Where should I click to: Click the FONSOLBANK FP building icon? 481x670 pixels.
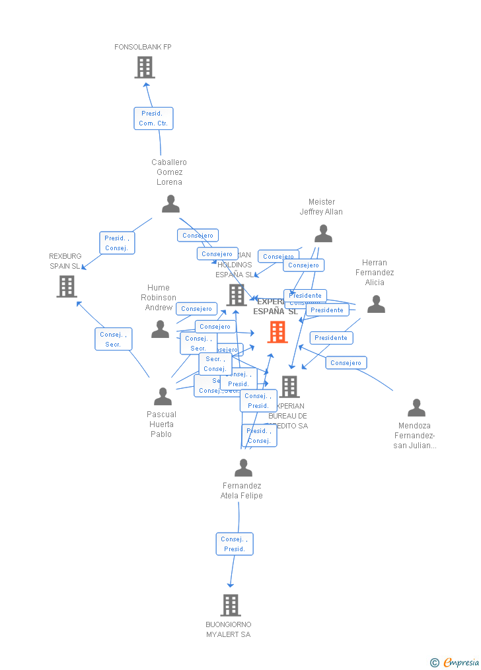point(144,67)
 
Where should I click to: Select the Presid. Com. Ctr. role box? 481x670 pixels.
point(153,119)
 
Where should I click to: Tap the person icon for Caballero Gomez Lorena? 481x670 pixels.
point(170,204)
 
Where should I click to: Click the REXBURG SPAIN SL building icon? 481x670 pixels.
point(67,286)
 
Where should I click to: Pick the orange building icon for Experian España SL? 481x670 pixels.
point(277,332)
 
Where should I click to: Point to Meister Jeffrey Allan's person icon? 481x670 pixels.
point(323,234)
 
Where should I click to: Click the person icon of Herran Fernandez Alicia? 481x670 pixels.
point(376,304)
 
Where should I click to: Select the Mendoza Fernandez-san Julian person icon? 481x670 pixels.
point(416,408)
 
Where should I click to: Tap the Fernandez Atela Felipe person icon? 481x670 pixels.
point(243,468)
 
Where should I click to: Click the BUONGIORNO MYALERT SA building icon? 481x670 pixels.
point(230,605)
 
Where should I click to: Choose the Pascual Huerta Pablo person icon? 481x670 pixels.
point(163,397)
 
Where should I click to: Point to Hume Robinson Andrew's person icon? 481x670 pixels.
point(160,329)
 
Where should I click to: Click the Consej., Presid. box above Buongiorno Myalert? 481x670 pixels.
point(235,544)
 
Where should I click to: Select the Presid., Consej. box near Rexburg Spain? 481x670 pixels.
point(117,243)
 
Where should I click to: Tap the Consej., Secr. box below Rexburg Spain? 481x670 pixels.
point(113,339)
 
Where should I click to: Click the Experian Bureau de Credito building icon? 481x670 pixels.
point(289,387)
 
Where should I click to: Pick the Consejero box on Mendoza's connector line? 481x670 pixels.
point(346,363)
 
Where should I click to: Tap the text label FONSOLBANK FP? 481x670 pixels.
point(143,48)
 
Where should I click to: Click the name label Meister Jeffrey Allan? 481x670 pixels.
point(321,207)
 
